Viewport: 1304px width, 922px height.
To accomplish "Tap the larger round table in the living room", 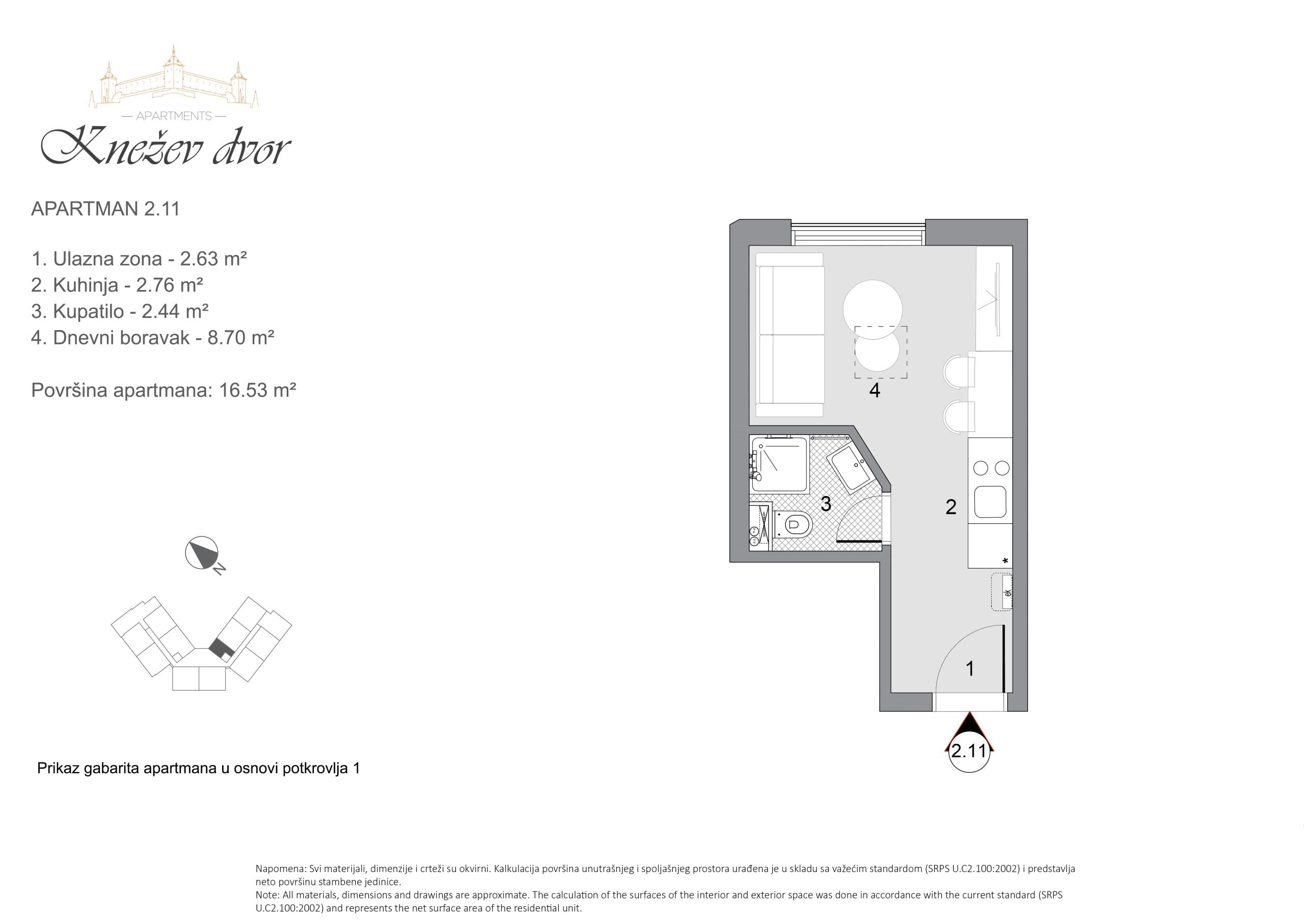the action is [873, 310].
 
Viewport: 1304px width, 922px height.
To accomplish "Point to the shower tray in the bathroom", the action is [779, 464].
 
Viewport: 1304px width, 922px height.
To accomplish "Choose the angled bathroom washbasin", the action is [852, 470].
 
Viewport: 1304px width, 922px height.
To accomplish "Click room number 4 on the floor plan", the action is [875, 390].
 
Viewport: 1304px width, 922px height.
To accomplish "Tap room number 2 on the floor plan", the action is [950, 507].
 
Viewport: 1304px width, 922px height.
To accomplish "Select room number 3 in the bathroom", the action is [826, 503].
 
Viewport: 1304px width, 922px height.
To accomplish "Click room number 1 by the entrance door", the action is [970, 669].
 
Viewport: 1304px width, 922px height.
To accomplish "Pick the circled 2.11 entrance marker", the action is [969, 751].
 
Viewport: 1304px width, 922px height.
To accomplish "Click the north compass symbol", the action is [202, 553].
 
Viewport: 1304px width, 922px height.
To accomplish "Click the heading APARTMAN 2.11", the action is [105, 209].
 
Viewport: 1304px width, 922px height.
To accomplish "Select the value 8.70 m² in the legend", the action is [241, 337].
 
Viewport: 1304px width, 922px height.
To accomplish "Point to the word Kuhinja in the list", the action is [85, 285].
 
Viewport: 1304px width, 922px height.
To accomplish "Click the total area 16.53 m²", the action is [258, 390].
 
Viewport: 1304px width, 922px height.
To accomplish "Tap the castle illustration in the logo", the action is [173, 77].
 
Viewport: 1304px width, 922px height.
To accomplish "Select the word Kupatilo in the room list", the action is [88, 311].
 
